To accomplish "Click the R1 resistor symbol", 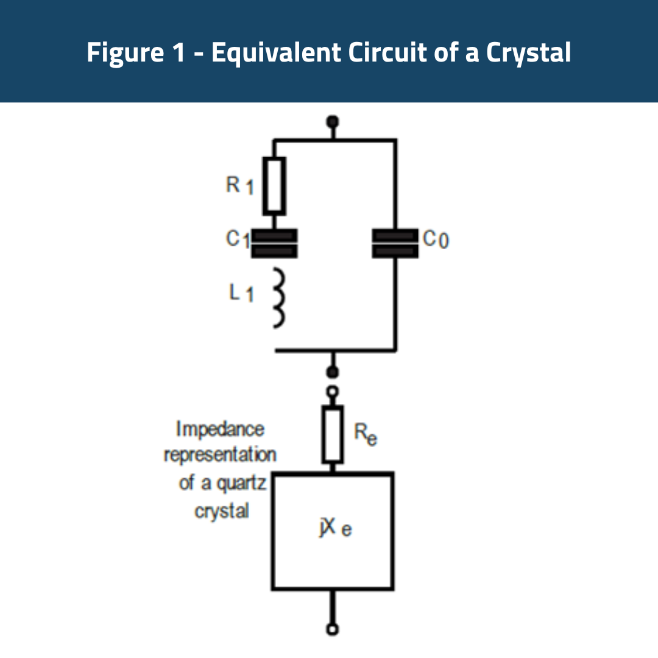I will click(274, 186).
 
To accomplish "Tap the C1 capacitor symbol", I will click(274, 243).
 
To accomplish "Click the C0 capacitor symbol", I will click(395, 243).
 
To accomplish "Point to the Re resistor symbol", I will click(333, 434).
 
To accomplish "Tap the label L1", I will click(241, 293).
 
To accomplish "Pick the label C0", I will click(436, 240).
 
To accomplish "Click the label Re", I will click(365, 434).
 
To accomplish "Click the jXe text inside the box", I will click(334, 528).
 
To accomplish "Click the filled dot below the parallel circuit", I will click(333, 372).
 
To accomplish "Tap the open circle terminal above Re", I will click(333, 392).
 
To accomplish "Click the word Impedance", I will click(221, 429).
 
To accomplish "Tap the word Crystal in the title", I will click(528, 53).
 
